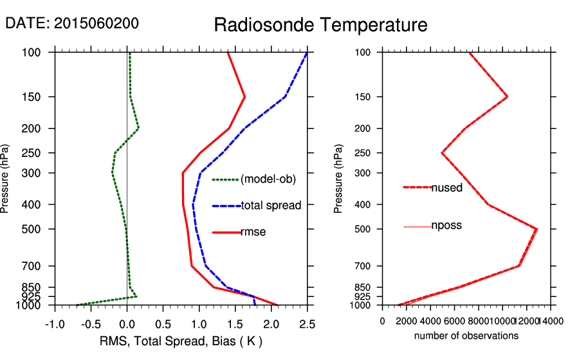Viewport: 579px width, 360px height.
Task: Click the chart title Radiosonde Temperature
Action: pos(320,25)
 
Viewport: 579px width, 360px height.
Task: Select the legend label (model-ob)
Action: pos(268,179)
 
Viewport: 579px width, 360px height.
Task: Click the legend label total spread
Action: pos(271,206)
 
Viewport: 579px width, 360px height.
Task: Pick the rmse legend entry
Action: pos(253,232)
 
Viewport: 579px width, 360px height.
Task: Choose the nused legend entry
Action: pos(446,187)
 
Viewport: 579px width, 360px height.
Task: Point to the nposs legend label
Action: pos(446,226)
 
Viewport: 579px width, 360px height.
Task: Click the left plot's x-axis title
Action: pos(181,341)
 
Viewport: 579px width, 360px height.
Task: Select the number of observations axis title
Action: pos(466,336)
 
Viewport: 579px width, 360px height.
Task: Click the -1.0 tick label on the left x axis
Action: pos(55,323)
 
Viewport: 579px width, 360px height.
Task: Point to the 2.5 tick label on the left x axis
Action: pos(308,323)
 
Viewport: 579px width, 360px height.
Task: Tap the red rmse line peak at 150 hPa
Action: pos(245,97)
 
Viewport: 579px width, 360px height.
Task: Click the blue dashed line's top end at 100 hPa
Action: pos(307,53)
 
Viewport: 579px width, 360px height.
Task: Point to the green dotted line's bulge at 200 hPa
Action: pos(138,129)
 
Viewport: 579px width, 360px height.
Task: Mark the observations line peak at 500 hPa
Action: pos(537,229)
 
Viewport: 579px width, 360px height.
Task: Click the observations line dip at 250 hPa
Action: pos(442,153)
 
